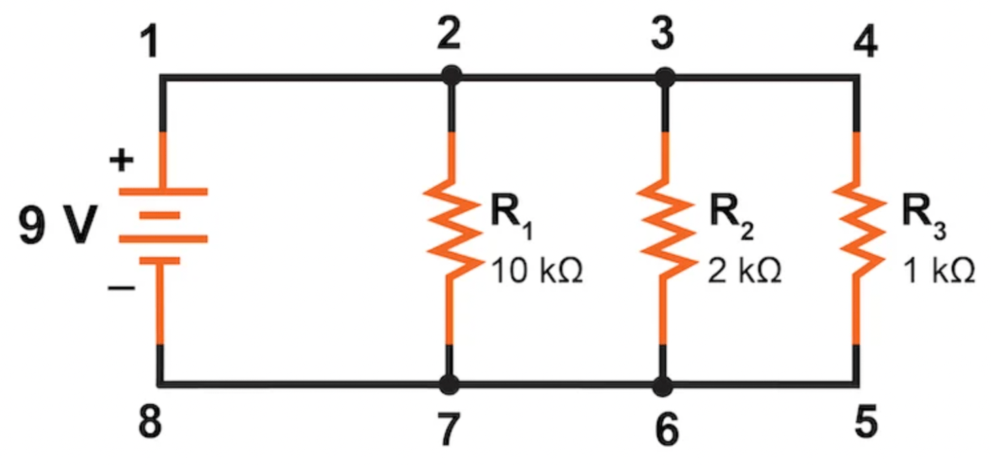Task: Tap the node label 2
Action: click(449, 34)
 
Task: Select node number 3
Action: click(663, 34)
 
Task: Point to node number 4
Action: click(866, 43)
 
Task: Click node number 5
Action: click(866, 422)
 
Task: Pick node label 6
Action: click(666, 430)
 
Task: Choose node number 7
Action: click(449, 429)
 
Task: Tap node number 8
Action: click(150, 423)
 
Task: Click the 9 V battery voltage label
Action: click(58, 225)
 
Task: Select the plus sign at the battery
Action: click(122, 160)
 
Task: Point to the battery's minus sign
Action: click(121, 289)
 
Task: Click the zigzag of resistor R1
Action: click(450, 229)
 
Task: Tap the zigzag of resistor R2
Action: click(665, 229)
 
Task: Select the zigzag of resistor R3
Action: click(859, 229)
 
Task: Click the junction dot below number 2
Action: click(451, 77)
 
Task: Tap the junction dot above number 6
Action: click(663, 386)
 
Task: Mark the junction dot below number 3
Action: click(664, 78)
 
